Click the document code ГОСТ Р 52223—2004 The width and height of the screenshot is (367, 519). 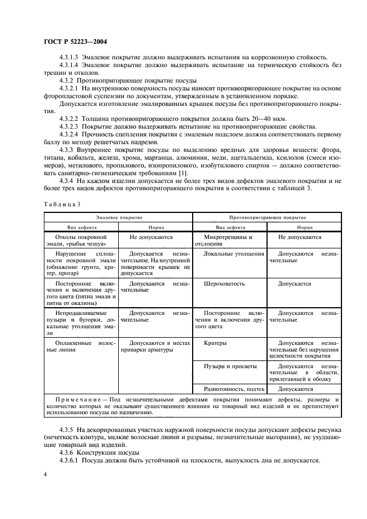click(x=76, y=42)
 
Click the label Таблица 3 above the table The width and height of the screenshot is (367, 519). click(x=61, y=204)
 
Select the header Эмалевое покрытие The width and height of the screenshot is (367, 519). click(x=118, y=217)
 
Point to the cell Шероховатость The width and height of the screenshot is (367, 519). click(x=224, y=284)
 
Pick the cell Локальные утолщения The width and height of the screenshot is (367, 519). click(x=234, y=253)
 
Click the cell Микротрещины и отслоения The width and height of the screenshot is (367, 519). click(x=228, y=240)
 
